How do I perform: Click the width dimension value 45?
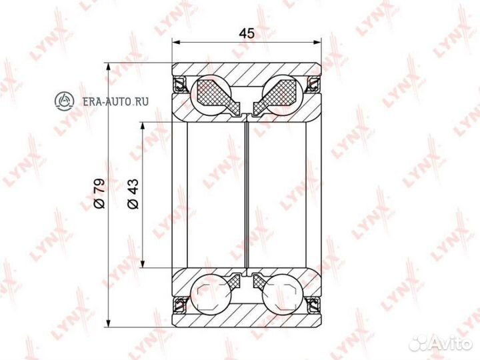pos(247,33)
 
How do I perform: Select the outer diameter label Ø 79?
pos(99,193)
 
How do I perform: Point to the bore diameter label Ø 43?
pos(133,194)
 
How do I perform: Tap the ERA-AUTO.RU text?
pos(116,101)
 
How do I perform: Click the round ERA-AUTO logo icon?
pos(64,101)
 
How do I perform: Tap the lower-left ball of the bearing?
pos(210,294)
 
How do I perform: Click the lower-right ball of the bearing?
pos(283,294)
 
